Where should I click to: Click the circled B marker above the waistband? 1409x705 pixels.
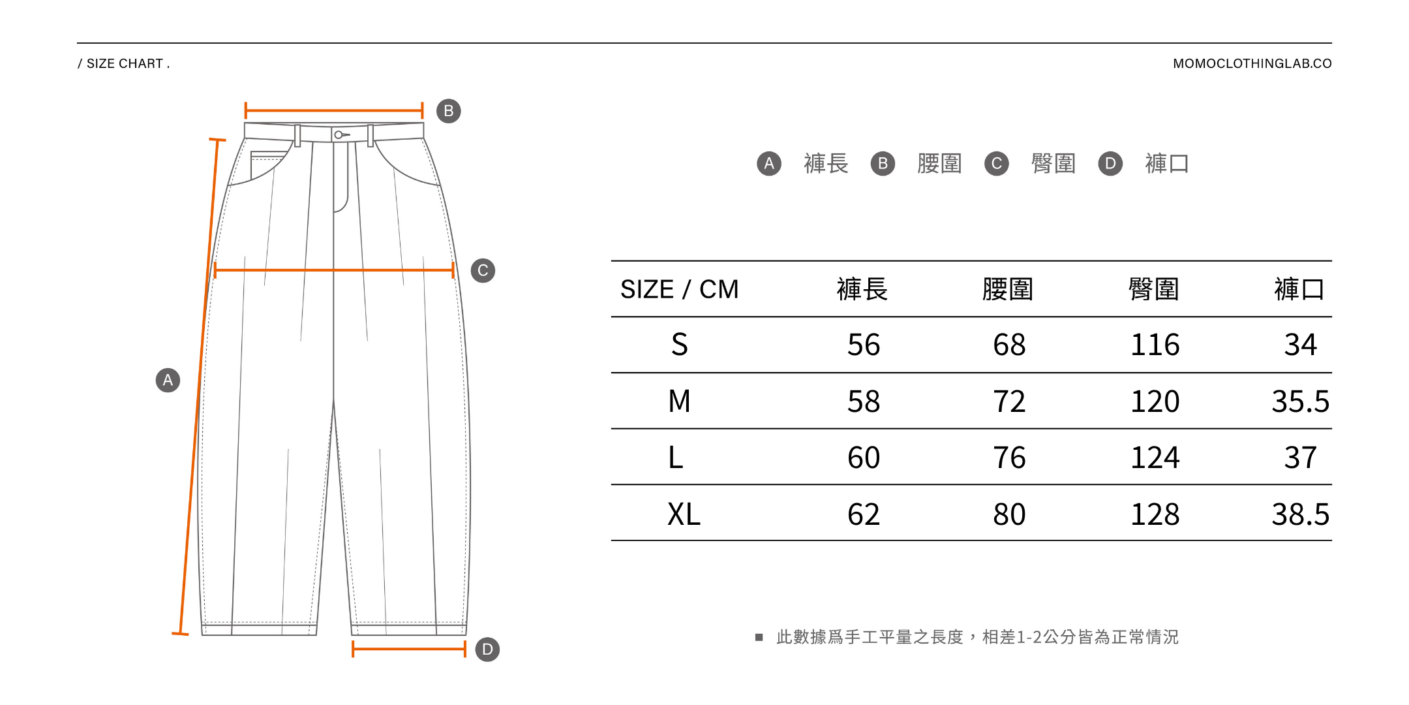pos(448,111)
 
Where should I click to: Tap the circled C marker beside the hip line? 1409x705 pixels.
pos(483,270)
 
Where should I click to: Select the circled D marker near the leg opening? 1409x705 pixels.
pos(487,650)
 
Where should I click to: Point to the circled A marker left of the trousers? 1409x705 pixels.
pos(168,380)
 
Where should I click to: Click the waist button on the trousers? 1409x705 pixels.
pos(339,135)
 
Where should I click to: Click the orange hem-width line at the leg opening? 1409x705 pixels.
pos(408,649)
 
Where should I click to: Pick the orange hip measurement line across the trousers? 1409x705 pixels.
pos(333,270)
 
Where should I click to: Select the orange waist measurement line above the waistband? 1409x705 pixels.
pos(333,110)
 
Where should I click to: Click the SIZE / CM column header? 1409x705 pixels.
pos(679,289)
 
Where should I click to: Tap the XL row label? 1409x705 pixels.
pos(683,514)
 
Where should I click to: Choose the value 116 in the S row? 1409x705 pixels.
pos(1155,345)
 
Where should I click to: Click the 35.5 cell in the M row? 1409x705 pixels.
pos(1300,401)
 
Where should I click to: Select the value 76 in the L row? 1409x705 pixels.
pos(1009,458)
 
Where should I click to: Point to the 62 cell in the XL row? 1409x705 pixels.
pos(863,514)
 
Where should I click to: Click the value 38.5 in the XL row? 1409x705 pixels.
pos(1300,514)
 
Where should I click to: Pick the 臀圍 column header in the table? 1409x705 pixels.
pos(1153,289)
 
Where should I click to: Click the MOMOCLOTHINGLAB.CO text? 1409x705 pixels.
pos(1252,63)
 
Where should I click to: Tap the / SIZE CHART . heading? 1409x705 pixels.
pos(124,63)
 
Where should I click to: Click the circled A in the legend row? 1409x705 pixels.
pos(769,163)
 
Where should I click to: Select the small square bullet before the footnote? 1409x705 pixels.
pos(759,637)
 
